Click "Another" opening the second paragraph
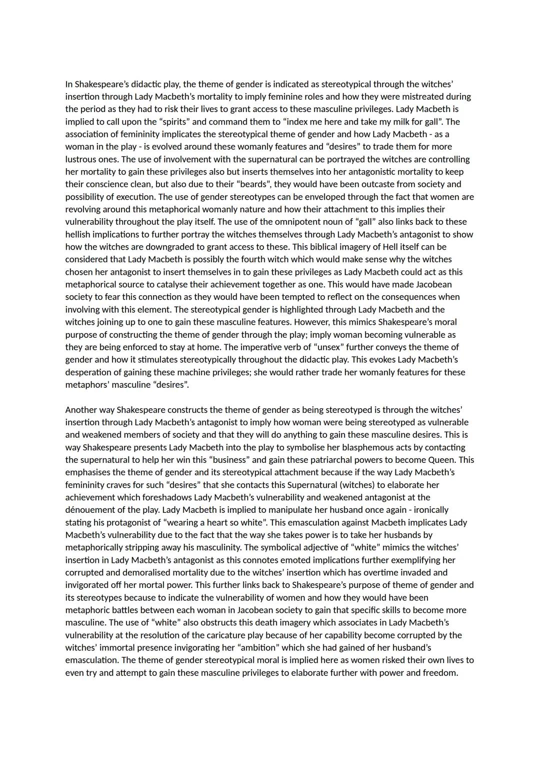pyautogui.click(x=81, y=410)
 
